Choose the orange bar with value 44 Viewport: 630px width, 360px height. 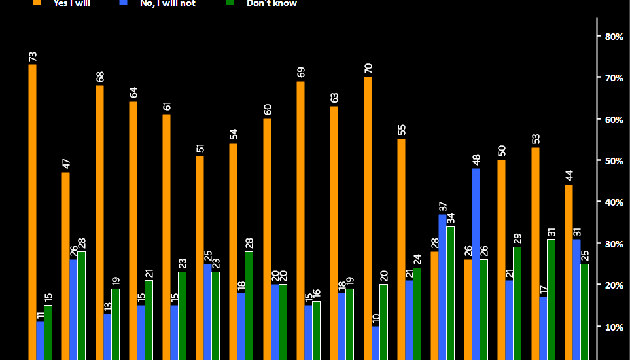[569, 272]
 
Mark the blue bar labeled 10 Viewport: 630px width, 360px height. [376, 342]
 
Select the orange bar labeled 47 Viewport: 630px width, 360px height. [65, 266]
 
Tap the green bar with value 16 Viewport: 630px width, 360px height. [317, 330]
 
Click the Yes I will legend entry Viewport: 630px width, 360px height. [72, 3]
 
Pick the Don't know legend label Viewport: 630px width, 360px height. [271, 3]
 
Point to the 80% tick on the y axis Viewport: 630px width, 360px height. [614, 37]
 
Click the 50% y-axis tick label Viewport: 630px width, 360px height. [614, 161]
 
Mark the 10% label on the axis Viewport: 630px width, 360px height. [614, 327]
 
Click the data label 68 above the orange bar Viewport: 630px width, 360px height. [99, 77]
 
